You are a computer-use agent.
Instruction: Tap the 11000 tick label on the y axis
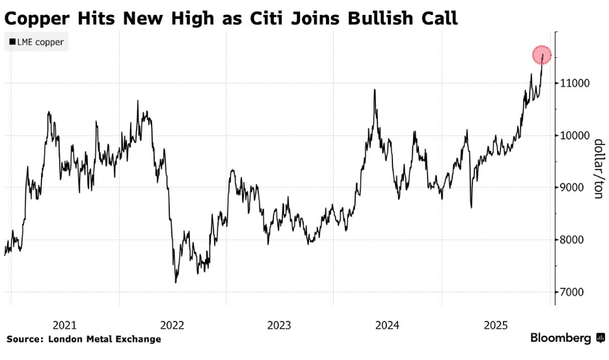coord(576,83)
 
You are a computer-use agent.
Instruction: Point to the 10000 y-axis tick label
coord(576,135)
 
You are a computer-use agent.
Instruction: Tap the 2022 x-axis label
coord(172,325)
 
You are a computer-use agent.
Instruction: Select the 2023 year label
coord(280,325)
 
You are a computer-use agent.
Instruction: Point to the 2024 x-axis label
coord(387,325)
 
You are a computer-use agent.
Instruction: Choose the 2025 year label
coord(494,325)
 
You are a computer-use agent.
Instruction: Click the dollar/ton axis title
coord(597,168)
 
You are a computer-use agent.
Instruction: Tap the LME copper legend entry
coord(36,42)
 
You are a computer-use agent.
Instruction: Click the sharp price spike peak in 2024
coord(375,89)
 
